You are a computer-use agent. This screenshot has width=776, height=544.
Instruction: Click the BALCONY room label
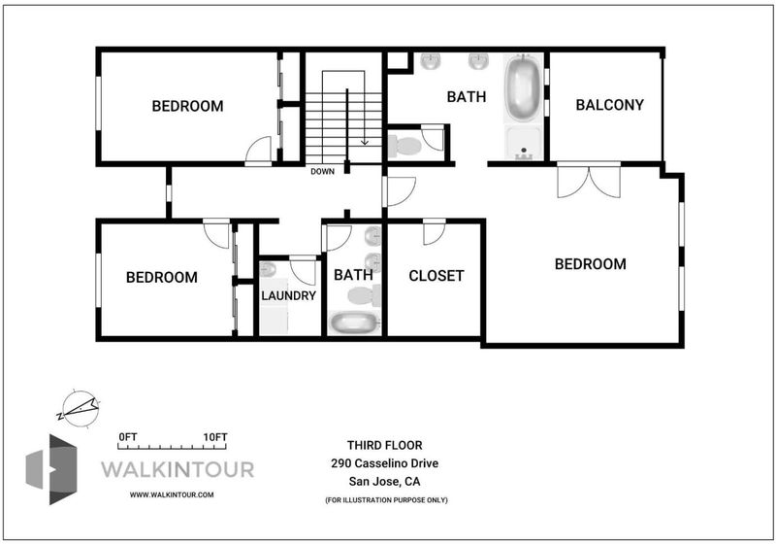(610, 105)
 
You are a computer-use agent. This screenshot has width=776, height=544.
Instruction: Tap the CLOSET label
(436, 276)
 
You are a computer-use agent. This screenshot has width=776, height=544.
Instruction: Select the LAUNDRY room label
(288, 295)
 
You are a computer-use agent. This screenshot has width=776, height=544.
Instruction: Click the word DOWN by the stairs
(323, 171)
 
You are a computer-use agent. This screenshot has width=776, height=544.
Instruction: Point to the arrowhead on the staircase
(365, 142)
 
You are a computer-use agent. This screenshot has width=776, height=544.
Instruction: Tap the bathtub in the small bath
(353, 323)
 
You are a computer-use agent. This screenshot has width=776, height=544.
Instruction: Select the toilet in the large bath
(404, 146)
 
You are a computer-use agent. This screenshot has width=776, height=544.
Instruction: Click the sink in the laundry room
(268, 269)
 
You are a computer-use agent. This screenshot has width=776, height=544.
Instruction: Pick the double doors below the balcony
(589, 181)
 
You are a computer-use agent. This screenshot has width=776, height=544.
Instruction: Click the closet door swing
(434, 232)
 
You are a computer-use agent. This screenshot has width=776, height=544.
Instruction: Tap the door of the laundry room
(303, 270)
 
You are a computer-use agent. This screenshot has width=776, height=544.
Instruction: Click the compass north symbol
(80, 409)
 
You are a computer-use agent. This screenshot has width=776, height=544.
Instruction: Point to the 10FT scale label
(215, 437)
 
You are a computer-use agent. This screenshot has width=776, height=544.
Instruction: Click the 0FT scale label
(128, 437)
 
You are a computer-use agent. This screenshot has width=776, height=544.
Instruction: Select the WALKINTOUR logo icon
(51, 469)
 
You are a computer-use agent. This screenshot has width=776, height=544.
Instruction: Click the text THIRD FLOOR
(384, 445)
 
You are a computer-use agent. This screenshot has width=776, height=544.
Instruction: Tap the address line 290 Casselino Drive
(384, 463)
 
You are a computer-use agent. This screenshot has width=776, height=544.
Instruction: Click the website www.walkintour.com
(172, 494)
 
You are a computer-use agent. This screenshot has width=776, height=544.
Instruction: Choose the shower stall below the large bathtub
(524, 143)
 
